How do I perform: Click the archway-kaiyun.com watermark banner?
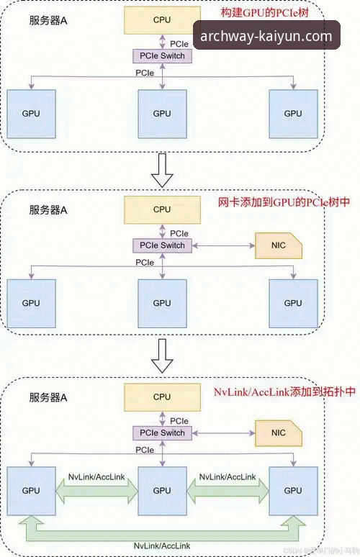pyautogui.click(x=266, y=37)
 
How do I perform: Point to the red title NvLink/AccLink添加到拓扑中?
pyautogui.click(x=284, y=391)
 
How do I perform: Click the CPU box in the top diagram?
pyautogui.click(x=162, y=20)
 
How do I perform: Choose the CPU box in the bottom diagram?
pyautogui.click(x=162, y=397)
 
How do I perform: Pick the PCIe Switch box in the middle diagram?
pyautogui.click(x=163, y=245)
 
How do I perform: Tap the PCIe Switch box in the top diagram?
pyautogui.click(x=163, y=56)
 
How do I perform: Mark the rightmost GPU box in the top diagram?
pyautogui.click(x=293, y=114)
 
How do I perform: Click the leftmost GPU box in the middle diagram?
pyautogui.click(x=31, y=303)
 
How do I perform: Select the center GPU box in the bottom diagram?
pyautogui.click(x=162, y=490)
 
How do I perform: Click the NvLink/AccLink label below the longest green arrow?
pyautogui.click(x=162, y=547)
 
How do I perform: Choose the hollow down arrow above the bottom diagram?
pyautogui.click(x=163, y=357)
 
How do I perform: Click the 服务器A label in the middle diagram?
pyautogui.click(x=48, y=211)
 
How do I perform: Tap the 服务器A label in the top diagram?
pyautogui.click(x=48, y=21)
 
